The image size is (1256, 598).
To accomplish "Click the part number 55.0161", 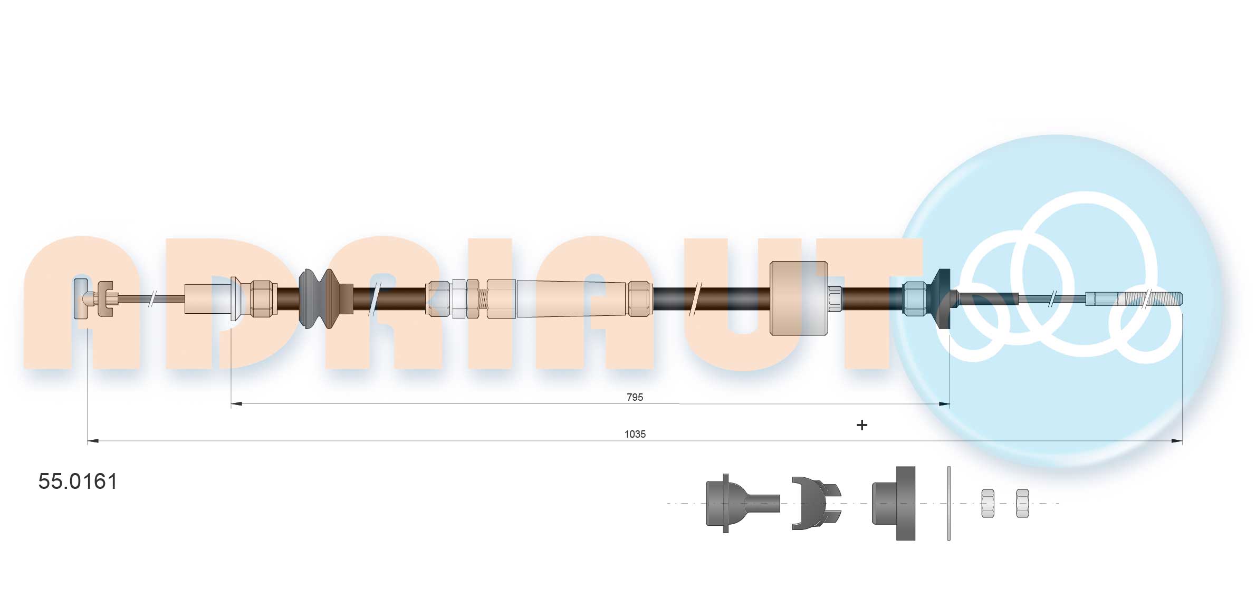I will pos(78,481).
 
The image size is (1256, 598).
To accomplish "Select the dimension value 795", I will pos(635,397).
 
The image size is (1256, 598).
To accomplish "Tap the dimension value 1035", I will pos(635,434).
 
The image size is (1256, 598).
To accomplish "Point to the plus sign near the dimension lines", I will pos(861,425).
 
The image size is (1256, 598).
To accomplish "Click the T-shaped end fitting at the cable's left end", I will pos(81,298).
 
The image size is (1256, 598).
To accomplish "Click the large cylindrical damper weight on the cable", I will pos(798,298).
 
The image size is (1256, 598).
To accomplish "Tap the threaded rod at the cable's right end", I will pos(1150,299).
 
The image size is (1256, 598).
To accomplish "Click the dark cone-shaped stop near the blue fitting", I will pos(939,298).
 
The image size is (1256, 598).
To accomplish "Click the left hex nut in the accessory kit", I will pos(987,503).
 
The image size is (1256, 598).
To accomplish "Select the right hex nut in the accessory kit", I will pos(1022,503).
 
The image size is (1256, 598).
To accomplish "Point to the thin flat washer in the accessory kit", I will pos(948,503).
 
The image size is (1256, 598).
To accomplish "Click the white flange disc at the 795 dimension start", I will pos(233,298).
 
